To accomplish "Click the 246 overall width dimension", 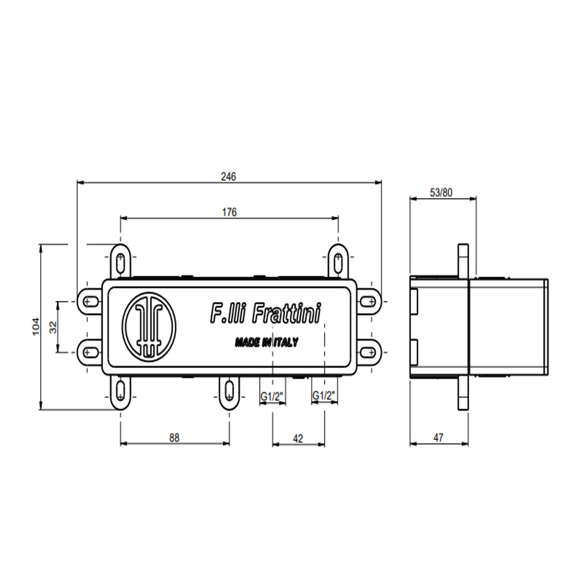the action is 229,177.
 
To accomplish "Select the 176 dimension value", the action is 229,212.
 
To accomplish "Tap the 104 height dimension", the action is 36,327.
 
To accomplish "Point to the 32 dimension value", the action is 53,327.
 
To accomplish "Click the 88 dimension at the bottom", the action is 174,438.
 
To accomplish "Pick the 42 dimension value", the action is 298,438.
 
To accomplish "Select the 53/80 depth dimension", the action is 441,193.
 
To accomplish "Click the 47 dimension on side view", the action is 438,437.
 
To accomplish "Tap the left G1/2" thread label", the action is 272,397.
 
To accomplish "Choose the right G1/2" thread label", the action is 324,396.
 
